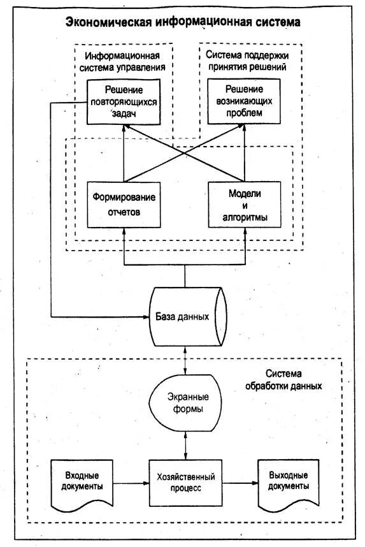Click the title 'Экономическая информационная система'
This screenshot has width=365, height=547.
click(183, 22)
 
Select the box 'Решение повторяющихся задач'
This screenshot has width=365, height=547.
click(124, 102)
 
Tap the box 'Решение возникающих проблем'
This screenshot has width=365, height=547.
click(244, 101)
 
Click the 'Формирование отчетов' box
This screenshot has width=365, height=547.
click(124, 205)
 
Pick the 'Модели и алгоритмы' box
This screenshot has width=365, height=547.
click(245, 205)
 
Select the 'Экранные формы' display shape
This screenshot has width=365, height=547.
click(185, 403)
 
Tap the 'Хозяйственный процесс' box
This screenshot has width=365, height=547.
click(185, 483)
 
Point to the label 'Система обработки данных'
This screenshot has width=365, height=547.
click(283, 380)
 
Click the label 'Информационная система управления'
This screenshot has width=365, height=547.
click(122, 61)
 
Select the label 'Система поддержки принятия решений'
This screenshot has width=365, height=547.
click(247, 61)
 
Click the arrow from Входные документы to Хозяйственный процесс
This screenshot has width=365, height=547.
click(131, 483)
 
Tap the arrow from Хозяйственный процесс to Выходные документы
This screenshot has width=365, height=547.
click(240, 483)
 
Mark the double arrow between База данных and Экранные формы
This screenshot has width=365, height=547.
click(185, 361)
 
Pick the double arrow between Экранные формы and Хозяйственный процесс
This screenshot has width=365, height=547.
click(185, 446)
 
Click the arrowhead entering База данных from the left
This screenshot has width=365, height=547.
click(147, 317)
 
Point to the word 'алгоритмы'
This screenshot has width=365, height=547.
click(245, 217)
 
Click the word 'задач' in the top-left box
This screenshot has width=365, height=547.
click(124, 113)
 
